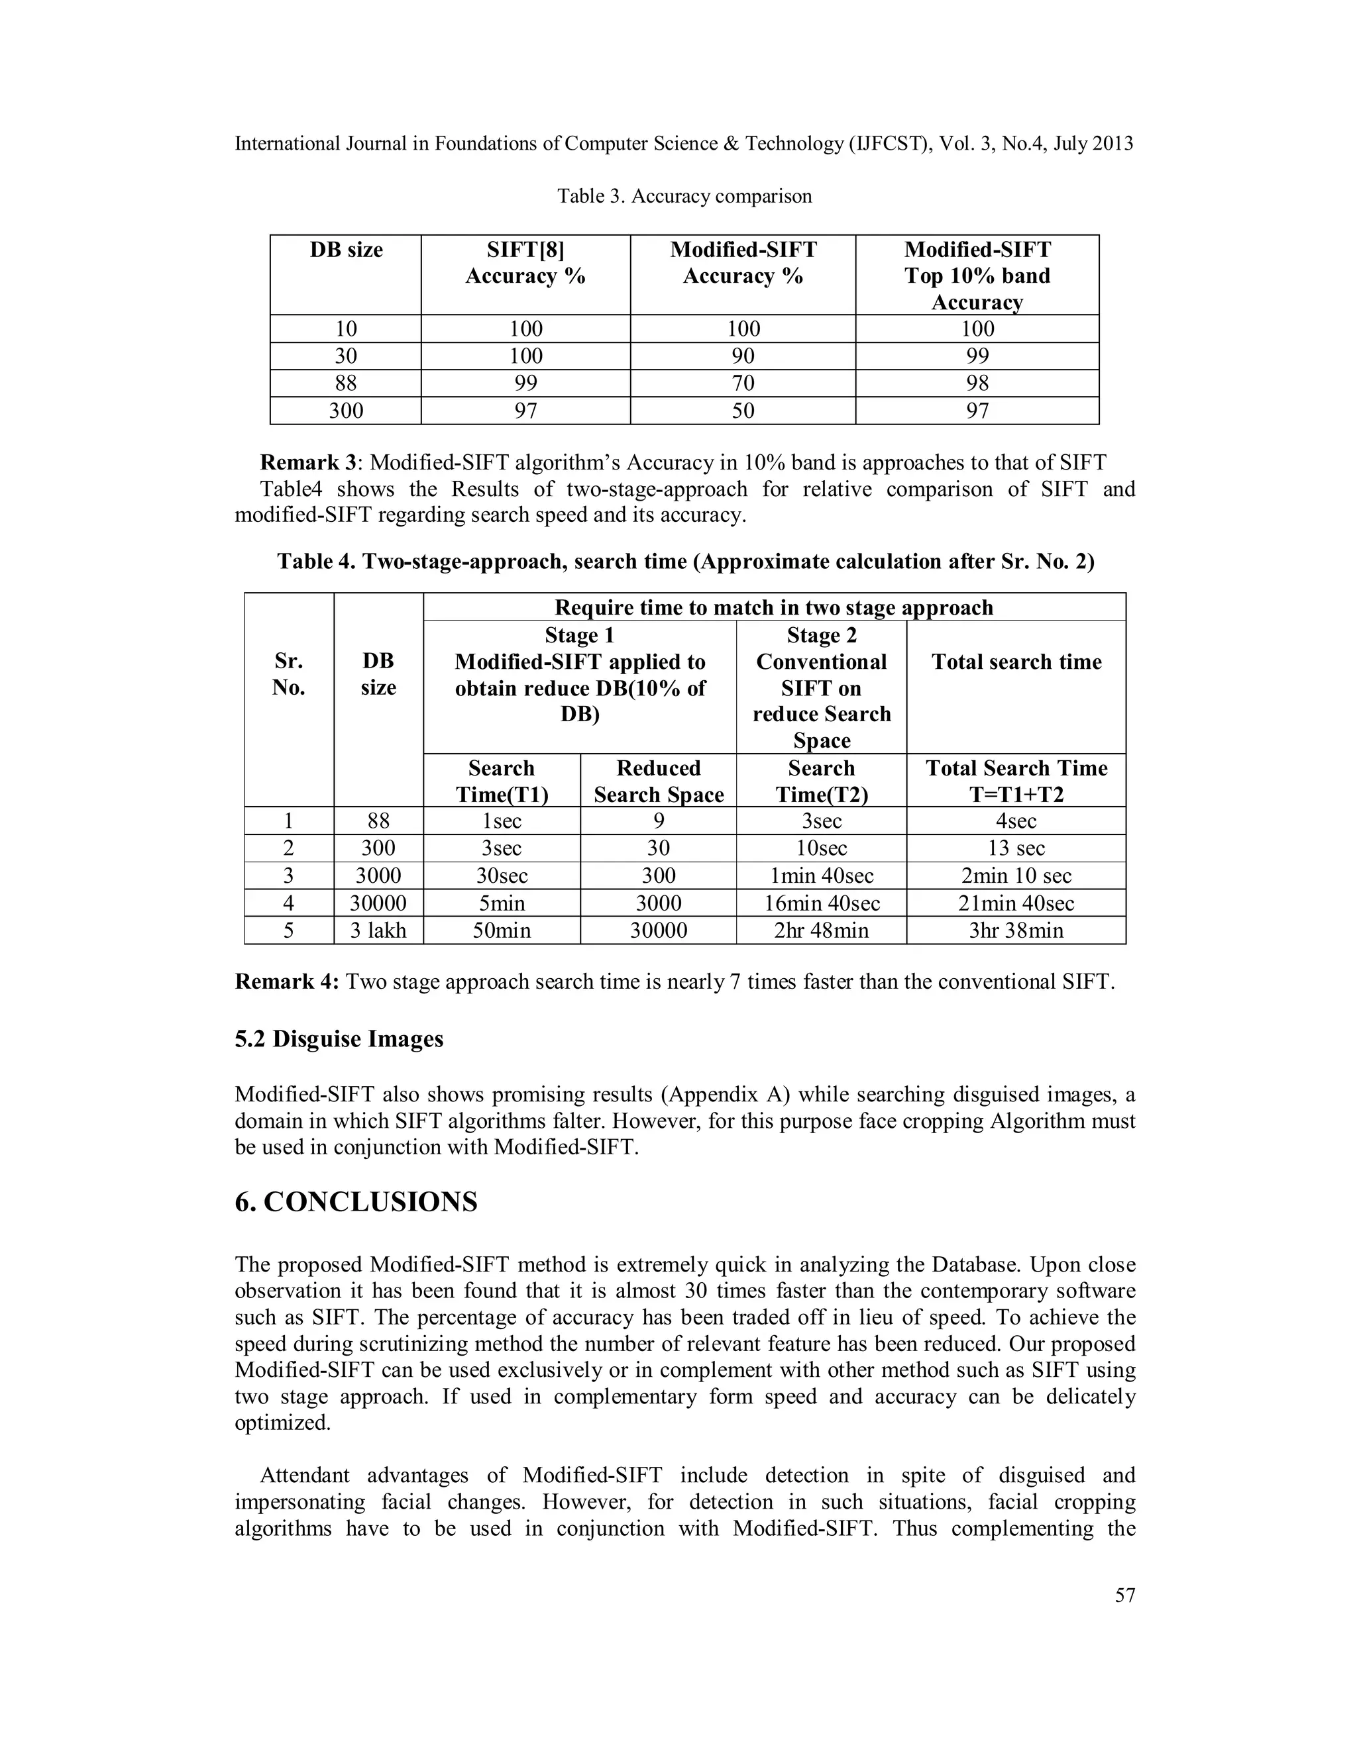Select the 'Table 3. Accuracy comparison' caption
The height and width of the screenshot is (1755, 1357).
coord(684,196)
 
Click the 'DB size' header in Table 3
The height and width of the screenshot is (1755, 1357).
coord(346,250)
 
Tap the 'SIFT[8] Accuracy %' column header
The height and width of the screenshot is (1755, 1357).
coord(525,263)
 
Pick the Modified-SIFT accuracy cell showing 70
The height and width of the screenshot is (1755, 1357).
coord(743,383)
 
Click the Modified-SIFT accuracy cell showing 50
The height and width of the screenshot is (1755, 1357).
coord(743,411)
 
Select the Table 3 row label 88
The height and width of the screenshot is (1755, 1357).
coord(346,383)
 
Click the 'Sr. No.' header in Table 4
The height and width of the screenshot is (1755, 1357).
coord(289,674)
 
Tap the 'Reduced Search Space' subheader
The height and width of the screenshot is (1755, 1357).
coord(659,781)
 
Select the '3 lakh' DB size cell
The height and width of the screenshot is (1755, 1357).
coord(378,930)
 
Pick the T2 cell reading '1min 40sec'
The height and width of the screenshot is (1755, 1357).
coord(821,876)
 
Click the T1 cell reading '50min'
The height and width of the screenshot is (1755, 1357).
coord(501,930)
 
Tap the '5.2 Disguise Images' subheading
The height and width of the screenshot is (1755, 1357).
coord(339,1039)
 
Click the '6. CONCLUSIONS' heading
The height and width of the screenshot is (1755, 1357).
coord(355,1202)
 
